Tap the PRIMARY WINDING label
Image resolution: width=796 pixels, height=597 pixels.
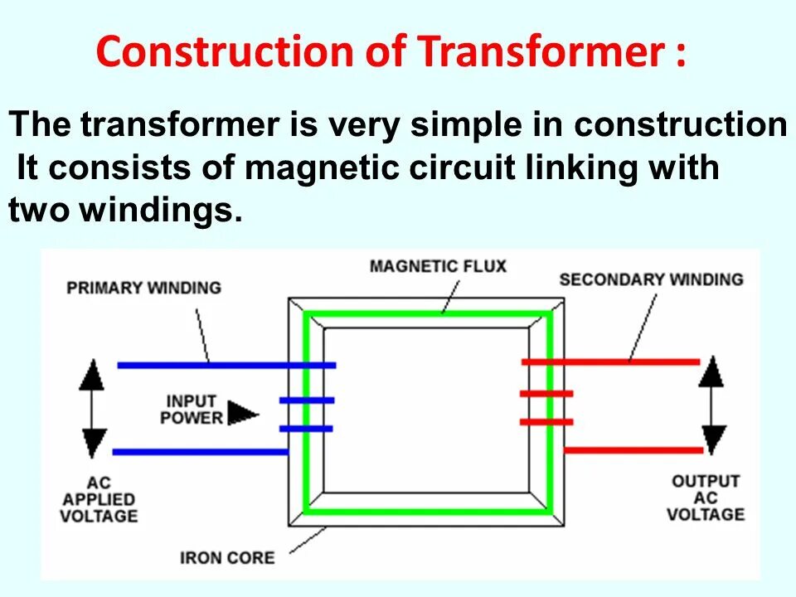pyautogui.click(x=143, y=289)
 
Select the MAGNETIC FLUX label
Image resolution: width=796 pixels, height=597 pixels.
pyautogui.click(x=437, y=266)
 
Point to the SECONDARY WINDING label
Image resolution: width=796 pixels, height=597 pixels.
pyautogui.click(x=652, y=279)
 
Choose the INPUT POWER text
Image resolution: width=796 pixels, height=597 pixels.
pyautogui.click(x=192, y=408)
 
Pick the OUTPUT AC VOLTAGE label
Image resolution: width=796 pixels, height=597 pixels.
pyautogui.click(x=706, y=498)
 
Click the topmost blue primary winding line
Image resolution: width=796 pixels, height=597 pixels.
pyautogui.click(x=226, y=365)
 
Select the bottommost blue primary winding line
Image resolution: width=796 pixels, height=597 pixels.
pyautogui.click(x=199, y=452)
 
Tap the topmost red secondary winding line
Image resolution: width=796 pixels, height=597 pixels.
pyautogui.click(x=610, y=362)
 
